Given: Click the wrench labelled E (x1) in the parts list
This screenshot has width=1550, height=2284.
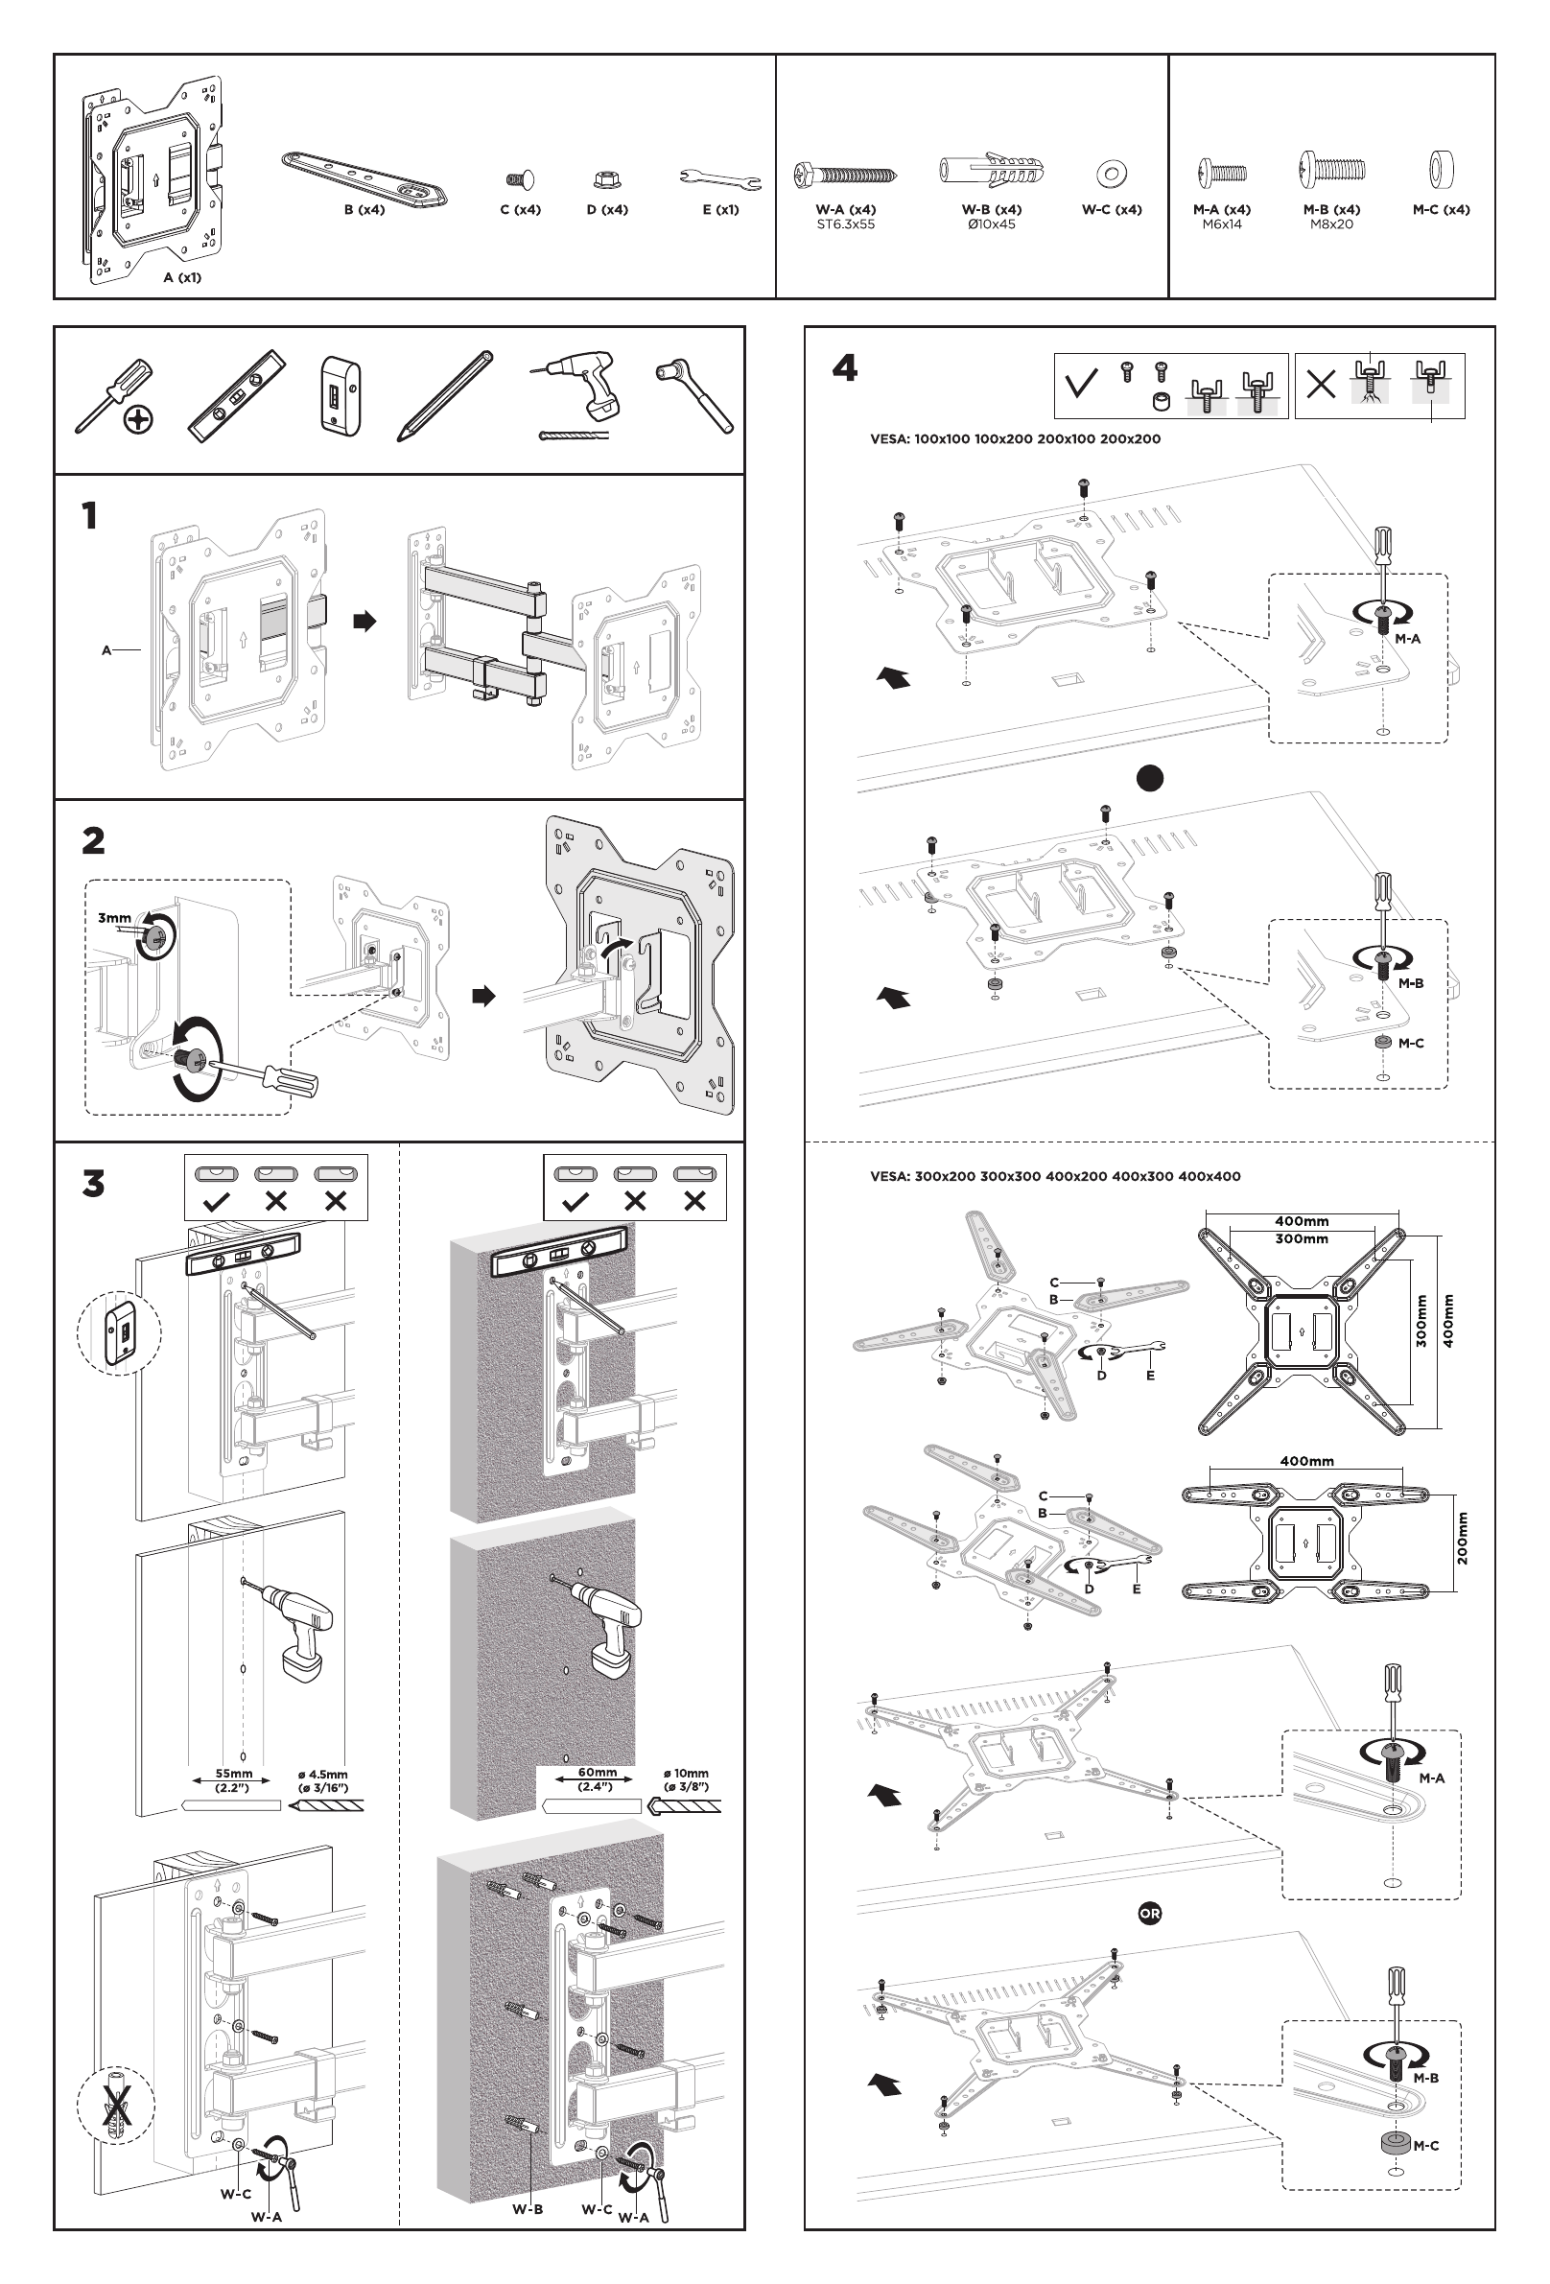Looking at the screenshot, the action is tap(719, 177).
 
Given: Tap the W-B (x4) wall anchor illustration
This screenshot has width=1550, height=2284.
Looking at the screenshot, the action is tap(991, 170).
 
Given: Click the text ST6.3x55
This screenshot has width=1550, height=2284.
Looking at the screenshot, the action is tap(845, 224).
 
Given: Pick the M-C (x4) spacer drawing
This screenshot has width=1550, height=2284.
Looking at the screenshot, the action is tap(1441, 169).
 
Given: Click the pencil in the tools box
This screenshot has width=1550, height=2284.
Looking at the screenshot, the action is tap(444, 395).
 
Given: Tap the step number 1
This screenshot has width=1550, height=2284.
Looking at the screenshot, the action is tap(89, 516).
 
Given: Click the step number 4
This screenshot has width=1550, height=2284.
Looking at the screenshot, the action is tap(844, 369).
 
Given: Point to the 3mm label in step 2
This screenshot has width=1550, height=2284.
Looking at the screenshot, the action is tap(114, 918).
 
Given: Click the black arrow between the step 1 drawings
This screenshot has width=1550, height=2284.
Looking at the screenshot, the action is tap(364, 622).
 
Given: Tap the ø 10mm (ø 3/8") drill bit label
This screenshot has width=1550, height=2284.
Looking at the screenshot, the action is tap(685, 1778).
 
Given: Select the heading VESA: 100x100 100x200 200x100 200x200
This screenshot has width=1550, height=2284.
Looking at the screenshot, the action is tap(1015, 439).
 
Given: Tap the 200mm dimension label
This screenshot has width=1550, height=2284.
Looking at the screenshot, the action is tap(1463, 1538).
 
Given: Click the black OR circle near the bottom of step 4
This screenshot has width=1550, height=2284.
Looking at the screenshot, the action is tap(1149, 1914).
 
